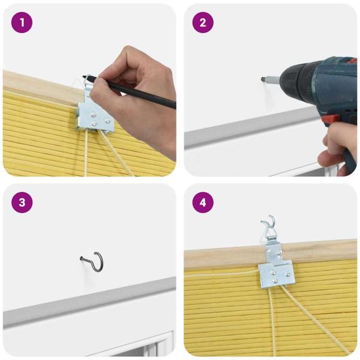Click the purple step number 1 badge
tap(22, 23)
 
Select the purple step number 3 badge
tap(22, 202)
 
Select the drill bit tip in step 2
tap(264, 78)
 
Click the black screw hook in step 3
tap(93, 262)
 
